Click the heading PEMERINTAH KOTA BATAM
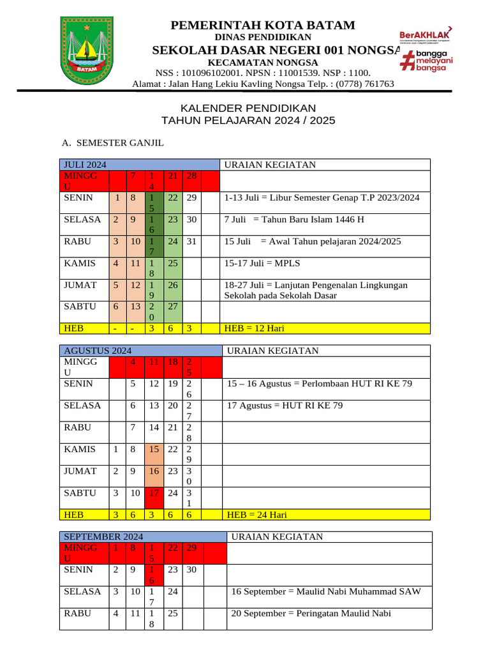262,26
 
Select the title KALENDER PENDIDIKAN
248,109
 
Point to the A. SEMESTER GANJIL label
112,143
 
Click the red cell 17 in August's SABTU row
154,493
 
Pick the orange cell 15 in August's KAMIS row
154,449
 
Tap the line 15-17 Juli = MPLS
262,263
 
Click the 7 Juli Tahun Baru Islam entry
294,220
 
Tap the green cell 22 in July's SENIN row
172,198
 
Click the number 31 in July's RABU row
191,241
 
